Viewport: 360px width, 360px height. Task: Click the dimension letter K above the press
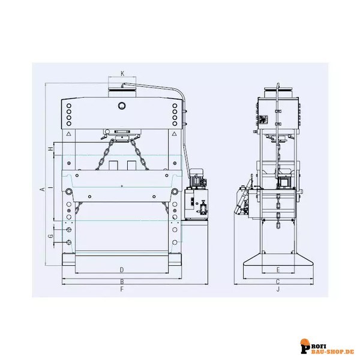(122, 74)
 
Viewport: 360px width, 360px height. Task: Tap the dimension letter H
(52, 148)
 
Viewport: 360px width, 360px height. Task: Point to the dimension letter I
(52, 188)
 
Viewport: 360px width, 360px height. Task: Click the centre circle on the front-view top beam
(122, 107)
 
